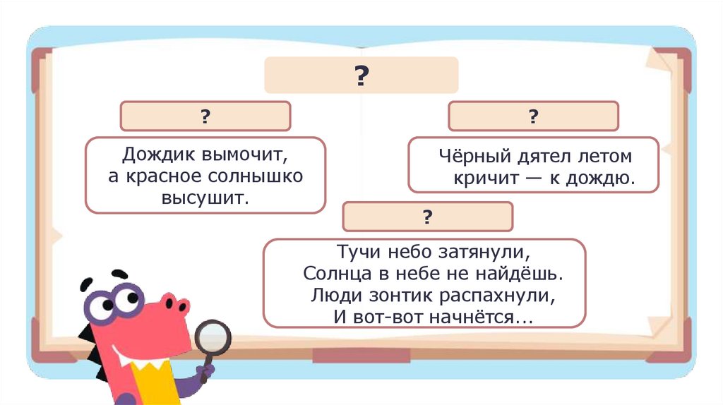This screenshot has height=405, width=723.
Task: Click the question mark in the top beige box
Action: point(361,75)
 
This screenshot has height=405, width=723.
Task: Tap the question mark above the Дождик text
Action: point(205,116)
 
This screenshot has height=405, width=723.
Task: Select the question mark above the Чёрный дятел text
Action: point(533,116)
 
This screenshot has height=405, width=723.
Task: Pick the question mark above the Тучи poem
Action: point(427,217)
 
